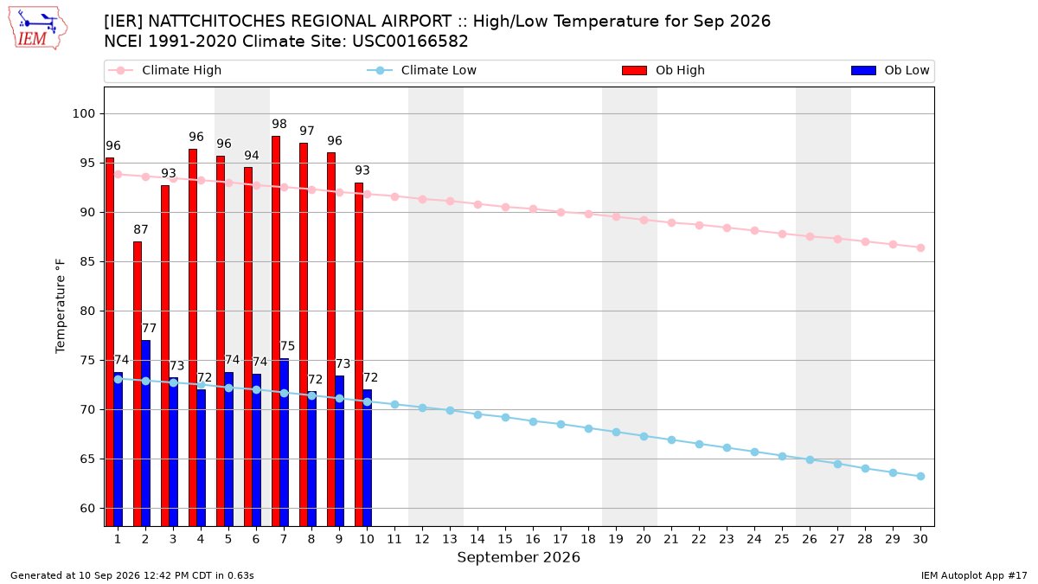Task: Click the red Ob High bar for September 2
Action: (x=138, y=384)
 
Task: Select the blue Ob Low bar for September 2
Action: (x=145, y=433)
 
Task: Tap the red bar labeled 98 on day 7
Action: (x=276, y=331)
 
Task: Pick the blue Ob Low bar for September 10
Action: (x=367, y=458)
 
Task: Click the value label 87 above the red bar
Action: (x=141, y=229)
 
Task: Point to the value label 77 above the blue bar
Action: (x=149, y=328)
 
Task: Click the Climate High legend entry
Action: (x=165, y=70)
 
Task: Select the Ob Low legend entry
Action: (x=890, y=70)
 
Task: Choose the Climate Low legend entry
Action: (x=422, y=70)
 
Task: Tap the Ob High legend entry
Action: (x=663, y=70)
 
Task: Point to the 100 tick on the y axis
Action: (x=83, y=113)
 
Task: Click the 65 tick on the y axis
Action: (x=87, y=459)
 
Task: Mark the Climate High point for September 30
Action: (x=920, y=248)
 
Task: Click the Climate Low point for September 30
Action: (x=920, y=477)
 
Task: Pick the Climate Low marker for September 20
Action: (x=644, y=437)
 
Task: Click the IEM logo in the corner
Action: (x=37, y=29)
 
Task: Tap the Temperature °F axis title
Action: (x=61, y=306)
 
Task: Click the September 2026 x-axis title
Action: (x=518, y=557)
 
